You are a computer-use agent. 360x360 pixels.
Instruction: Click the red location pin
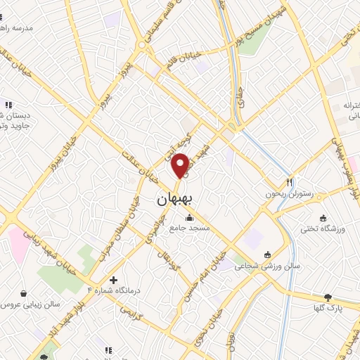point(180,164)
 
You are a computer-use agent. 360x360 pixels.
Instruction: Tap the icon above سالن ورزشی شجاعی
point(267,255)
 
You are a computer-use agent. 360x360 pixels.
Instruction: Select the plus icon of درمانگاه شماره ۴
point(112,279)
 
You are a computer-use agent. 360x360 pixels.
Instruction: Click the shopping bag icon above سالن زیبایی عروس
point(25,294)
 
